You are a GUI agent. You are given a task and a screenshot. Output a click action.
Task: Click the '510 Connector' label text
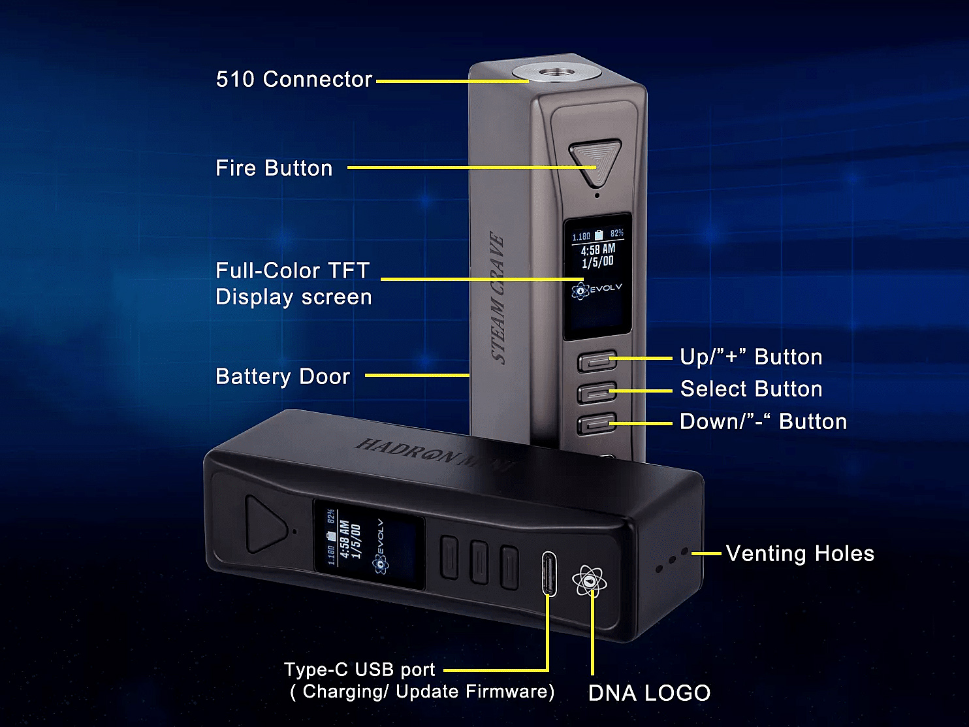pyautogui.click(x=294, y=79)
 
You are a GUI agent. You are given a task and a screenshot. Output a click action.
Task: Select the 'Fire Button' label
pyautogui.click(x=274, y=168)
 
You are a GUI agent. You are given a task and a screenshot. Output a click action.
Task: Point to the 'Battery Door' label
pyautogui.click(x=283, y=376)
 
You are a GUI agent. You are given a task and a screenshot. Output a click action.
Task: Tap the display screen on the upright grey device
pyautogui.click(x=597, y=276)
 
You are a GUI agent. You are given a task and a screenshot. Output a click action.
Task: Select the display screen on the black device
pyautogui.click(x=369, y=544)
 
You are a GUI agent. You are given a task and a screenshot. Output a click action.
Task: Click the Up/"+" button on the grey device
pyautogui.click(x=597, y=361)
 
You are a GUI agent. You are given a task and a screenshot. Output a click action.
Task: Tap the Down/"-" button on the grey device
pyautogui.click(x=597, y=424)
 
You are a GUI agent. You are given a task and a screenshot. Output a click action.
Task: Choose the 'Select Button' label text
pyautogui.click(x=751, y=389)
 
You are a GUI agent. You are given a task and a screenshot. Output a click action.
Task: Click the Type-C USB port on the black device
pyautogui.click(x=549, y=574)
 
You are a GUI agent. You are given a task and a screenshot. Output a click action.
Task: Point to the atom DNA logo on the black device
pyautogui.click(x=589, y=580)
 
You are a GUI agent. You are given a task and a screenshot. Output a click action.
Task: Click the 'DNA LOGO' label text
pyautogui.click(x=649, y=693)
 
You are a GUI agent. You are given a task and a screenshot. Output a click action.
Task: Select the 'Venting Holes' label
pyautogui.click(x=800, y=553)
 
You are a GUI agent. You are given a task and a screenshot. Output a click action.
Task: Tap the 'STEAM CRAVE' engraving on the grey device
pyautogui.click(x=498, y=298)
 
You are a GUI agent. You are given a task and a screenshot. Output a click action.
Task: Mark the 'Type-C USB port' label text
pyautogui.click(x=359, y=670)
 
